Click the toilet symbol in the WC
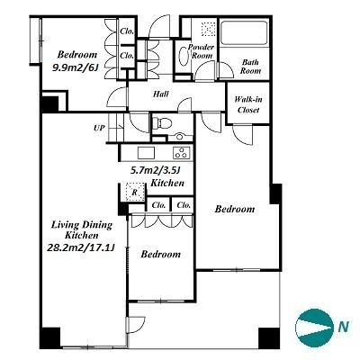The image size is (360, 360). point(162,123)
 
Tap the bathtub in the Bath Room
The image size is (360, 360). point(243,32)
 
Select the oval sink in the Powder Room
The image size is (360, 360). point(184,55)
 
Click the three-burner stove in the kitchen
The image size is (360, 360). point(182,153)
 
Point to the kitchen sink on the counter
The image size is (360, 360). point(146,153)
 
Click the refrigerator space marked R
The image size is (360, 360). point(135,192)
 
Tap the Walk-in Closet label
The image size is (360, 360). point(248,104)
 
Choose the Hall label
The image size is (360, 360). point(161,94)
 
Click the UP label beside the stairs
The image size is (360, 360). point(99,128)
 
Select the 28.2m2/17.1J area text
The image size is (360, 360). point(81,247)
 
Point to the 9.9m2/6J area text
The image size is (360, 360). point(75,67)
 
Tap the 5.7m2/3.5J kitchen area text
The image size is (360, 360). point(155,171)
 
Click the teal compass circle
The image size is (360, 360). point(314,328)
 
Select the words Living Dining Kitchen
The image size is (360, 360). point(82,229)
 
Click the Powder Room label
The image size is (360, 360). point(202,51)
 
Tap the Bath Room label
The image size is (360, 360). point(250,67)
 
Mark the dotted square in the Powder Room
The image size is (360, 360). point(208,29)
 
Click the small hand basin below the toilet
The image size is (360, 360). point(180,137)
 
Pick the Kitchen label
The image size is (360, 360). point(167,183)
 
